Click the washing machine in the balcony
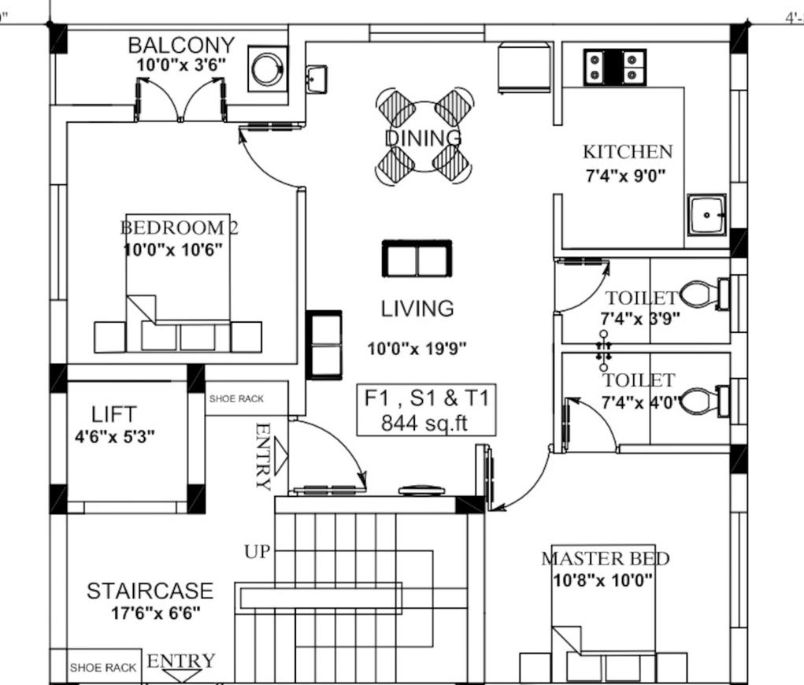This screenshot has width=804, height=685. tap(267, 68)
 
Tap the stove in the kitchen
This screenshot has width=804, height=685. tap(614, 67)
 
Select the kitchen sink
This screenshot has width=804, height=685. tap(706, 215)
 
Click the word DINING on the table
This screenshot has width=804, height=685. tap(423, 138)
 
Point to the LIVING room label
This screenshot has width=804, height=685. tap(417, 308)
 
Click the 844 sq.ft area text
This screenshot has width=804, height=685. tap(425, 423)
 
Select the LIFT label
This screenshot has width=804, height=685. tap(114, 414)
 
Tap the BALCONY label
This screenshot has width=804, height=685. tap(182, 45)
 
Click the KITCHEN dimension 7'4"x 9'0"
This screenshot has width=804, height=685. tap(625, 176)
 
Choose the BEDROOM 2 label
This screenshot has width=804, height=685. tap(179, 227)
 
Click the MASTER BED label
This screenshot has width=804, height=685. tap(605, 558)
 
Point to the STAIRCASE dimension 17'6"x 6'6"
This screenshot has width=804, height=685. tap(156, 613)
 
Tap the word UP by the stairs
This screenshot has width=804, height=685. tap(257, 552)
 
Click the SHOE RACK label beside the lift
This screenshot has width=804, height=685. tap(236, 398)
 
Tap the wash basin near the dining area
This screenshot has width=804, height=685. tap(317, 79)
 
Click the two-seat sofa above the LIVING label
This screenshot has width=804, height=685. tap(417, 258)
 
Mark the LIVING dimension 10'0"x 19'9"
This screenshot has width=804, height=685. tap(417, 349)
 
